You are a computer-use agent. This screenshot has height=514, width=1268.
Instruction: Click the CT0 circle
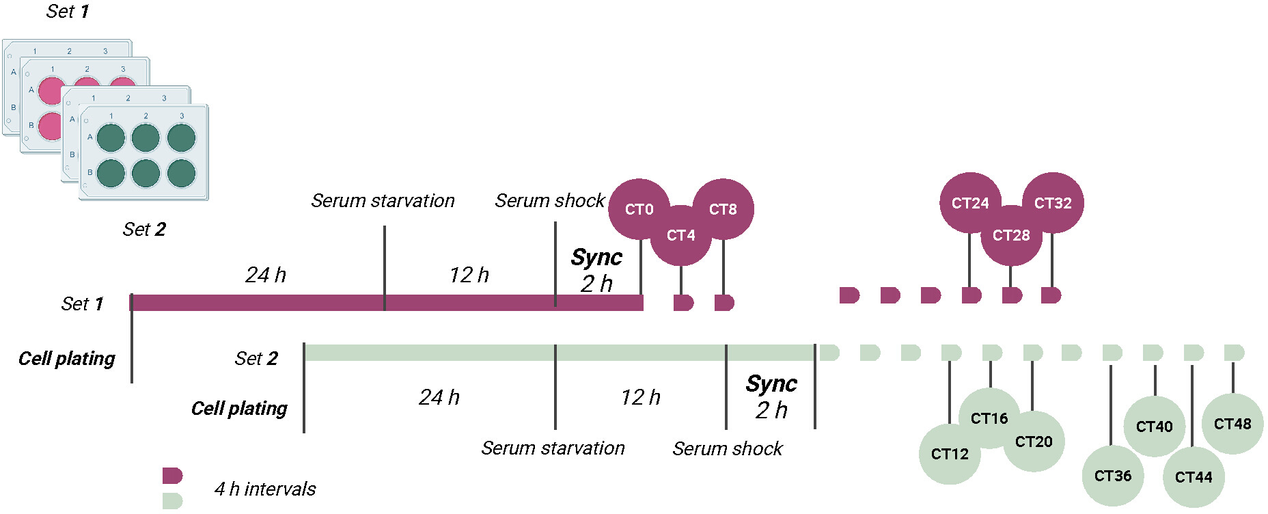pyautogui.click(x=639, y=209)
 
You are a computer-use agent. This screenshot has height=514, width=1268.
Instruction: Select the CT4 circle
pyautogui.click(x=680, y=235)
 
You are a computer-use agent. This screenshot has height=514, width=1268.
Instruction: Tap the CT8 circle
pyautogui.click(x=723, y=209)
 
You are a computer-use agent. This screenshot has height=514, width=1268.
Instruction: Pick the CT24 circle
pyautogui.click(x=970, y=203)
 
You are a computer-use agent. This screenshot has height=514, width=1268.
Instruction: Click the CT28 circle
pyautogui.click(x=1011, y=235)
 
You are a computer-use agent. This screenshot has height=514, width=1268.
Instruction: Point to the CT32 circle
pyautogui.click(x=1053, y=203)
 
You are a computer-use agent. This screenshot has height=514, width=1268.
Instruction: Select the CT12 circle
pyautogui.click(x=950, y=454)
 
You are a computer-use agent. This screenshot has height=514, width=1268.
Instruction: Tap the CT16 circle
pyautogui.click(x=989, y=418)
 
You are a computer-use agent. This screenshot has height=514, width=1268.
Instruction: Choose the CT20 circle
pyautogui.click(x=1034, y=442)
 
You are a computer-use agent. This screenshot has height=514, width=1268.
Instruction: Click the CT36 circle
pyautogui.click(x=1113, y=476)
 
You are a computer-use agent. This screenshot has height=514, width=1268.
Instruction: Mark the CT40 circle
pyautogui.click(x=1155, y=427)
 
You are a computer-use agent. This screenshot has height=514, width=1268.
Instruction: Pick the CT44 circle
pyautogui.click(x=1194, y=477)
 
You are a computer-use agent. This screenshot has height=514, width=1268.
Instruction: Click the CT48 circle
pyautogui.click(x=1232, y=424)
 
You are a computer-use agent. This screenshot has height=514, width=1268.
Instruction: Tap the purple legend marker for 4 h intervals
pyautogui.click(x=172, y=475)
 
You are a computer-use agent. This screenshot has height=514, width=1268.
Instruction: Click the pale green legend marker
pyautogui.click(x=172, y=501)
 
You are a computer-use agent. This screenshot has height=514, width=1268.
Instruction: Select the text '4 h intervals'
pyautogui.click(x=265, y=489)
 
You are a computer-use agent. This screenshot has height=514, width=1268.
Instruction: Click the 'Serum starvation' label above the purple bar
pyautogui.click(x=383, y=200)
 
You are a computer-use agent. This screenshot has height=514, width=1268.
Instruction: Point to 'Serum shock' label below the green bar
pyautogui.click(x=728, y=448)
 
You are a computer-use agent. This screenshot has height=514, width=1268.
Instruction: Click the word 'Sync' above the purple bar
pyautogui.click(x=596, y=258)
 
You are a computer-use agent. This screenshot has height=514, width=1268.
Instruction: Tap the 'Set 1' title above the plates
pyautogui.click(x=67, y=11)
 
